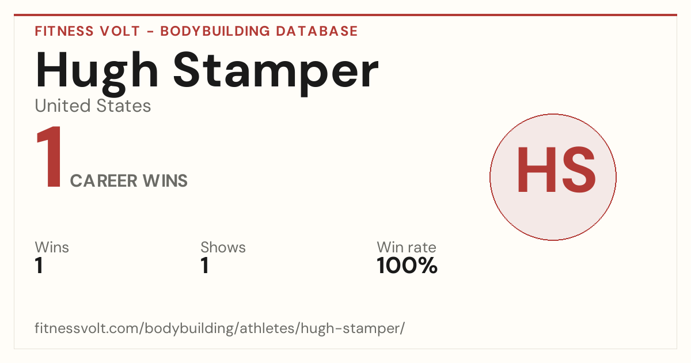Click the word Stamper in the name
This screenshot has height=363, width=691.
click(x=276, y=74)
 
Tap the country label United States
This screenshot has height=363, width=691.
click(x=93, y=106)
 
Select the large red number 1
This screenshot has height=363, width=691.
click(x=50, y=157)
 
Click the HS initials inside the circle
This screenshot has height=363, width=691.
click(x=556, y=170)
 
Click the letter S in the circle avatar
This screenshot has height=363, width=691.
click(x=578, y=170)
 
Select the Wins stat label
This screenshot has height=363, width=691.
click(x=52, y=247)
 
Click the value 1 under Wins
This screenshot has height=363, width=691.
click(x=39, y=266)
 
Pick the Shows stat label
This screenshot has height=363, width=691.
click(x=223, y=247)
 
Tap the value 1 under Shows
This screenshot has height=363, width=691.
click(x=205, y=266)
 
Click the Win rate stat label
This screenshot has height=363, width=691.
click(x=407, y=247)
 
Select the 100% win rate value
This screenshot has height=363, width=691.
click(x=407, y=266)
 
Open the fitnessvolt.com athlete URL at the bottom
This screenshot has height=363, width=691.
click(x=219, y=328)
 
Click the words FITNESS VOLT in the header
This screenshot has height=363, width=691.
click(x=88, y=31)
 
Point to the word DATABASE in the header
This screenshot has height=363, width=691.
click(x=317, y=31)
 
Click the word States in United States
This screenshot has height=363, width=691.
click(x=124, y=106)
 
